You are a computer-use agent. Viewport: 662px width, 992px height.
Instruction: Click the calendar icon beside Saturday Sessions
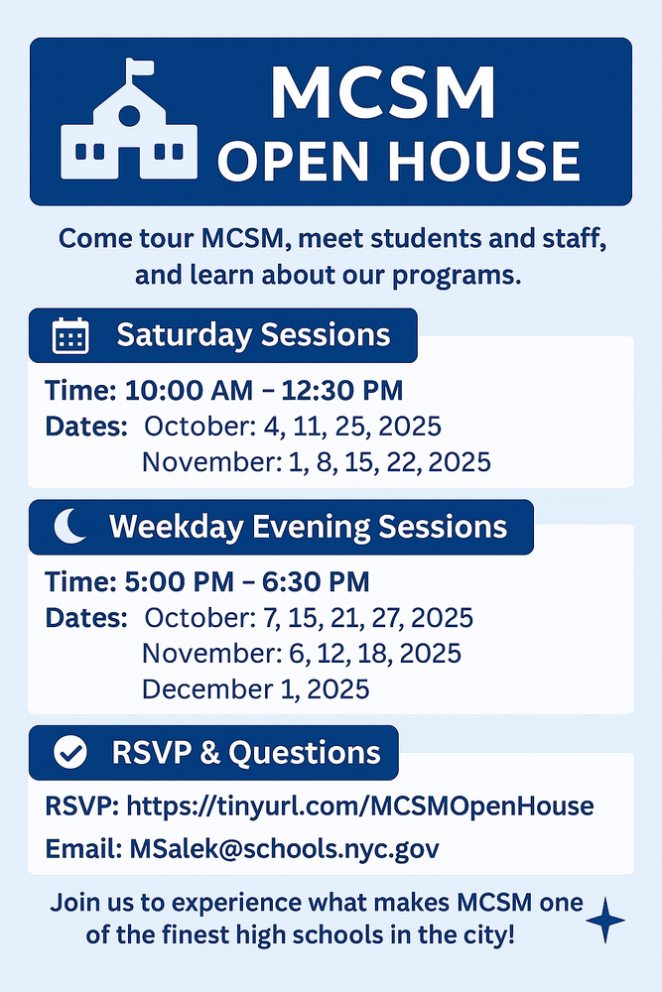click(x=70, y=336)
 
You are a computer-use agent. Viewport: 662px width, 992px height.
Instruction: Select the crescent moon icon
click(x=69, y=527)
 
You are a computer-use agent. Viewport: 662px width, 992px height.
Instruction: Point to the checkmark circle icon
click(x=69, y=753)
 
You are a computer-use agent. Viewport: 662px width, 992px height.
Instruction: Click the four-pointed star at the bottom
click(x=605, y=921)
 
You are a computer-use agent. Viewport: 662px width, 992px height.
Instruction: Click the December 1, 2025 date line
click(x=255, y=688)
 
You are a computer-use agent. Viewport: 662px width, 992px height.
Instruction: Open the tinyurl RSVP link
click(x=360, y=806)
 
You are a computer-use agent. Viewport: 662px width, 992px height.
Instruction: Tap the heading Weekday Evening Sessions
click(x=308, y=527)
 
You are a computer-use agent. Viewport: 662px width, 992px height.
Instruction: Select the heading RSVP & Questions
click(x=247, y=753)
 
